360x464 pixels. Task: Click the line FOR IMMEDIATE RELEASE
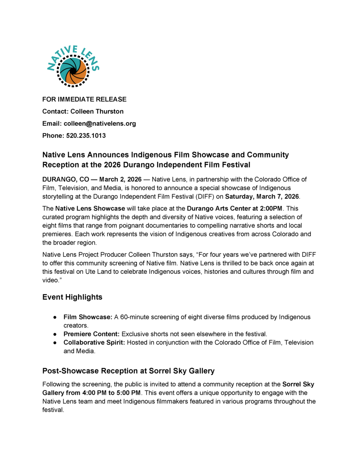[x=84, y=99]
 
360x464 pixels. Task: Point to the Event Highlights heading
[x=72, y=297]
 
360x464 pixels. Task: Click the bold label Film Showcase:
[x=88, y=317]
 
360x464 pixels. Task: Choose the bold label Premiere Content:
[x=92, y=334]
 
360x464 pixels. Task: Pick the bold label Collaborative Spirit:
[x=94, y=343]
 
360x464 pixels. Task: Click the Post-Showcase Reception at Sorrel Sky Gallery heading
[x=128, y=371]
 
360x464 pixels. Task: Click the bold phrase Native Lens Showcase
[x=90, y=208]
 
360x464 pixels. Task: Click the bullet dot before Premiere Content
[x=54, y=334]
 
